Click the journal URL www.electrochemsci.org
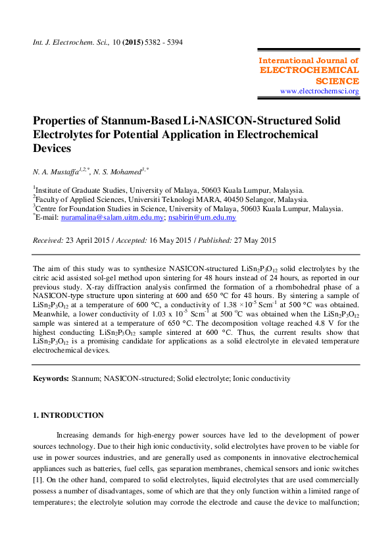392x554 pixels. click(319, 91)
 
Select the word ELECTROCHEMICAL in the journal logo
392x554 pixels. click(309, 70)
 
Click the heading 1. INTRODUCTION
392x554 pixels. click(68, 415)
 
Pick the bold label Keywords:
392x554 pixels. click(51, 379)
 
